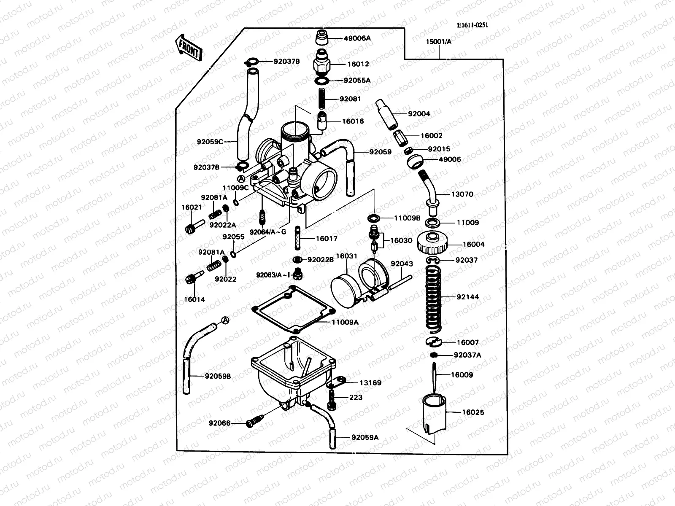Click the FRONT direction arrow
tap(189, 47)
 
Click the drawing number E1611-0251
tap(472, 25)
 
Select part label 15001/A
tap(438, 42)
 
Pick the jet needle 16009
tap(433, 375)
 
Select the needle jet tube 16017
tap(299, 239)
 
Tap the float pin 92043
tap(399, 283)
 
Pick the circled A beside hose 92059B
tap(226, 320)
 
